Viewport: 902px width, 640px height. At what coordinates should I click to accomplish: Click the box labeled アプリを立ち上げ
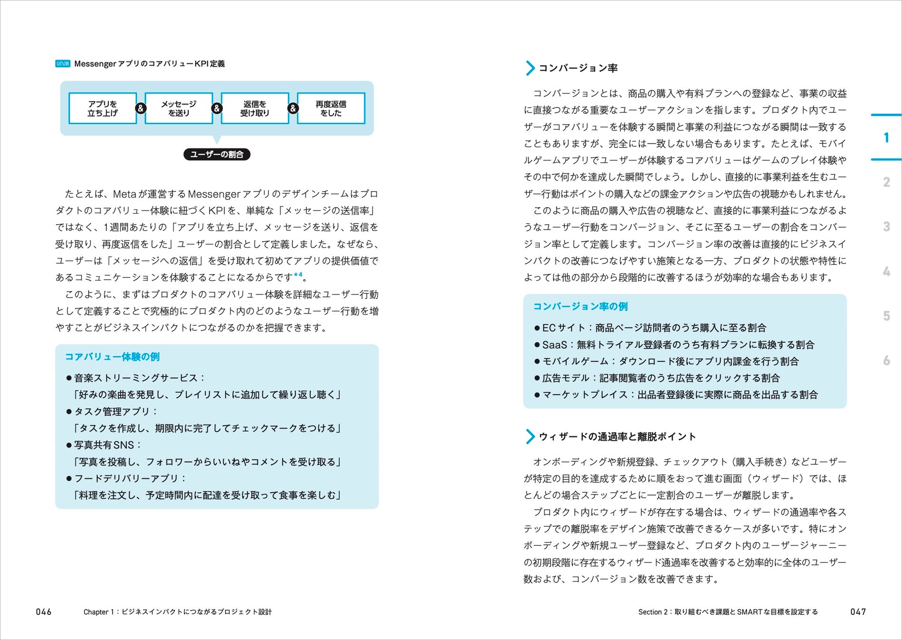pos(102,109)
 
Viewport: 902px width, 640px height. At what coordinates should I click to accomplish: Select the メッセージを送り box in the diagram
pos(179,109)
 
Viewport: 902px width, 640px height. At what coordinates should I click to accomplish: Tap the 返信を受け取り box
pos(255,109)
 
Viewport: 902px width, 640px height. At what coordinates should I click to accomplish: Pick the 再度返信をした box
pos(331,109)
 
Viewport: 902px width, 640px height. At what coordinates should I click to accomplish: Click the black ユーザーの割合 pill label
pos(217,155)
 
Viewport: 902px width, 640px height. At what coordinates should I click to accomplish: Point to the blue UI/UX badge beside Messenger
pos(63,64)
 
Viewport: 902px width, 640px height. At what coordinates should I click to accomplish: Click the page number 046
pos(44,612)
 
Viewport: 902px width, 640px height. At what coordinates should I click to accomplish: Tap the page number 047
pos(858,612)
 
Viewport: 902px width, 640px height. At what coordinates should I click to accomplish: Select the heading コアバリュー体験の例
pos(112,357)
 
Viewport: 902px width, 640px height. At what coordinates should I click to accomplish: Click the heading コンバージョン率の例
pos(580,307)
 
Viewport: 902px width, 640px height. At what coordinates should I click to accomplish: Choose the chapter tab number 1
pos(886,138)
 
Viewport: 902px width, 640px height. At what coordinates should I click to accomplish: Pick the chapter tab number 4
pos(886,272)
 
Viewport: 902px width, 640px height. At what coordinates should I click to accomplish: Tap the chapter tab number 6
pos(886,361)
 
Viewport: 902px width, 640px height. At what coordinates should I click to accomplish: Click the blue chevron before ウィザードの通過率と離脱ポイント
pos(530,437)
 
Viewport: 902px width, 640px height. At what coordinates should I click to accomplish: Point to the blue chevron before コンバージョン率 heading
pos(530,68)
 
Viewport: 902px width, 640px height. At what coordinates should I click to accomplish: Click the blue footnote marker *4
pos(298,275)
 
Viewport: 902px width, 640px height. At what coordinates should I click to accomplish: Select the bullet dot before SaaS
pos(537,345)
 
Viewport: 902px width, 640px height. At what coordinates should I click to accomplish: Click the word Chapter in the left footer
pos(96,612)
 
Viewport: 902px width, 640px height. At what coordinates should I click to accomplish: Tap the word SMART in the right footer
pos(749,612)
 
